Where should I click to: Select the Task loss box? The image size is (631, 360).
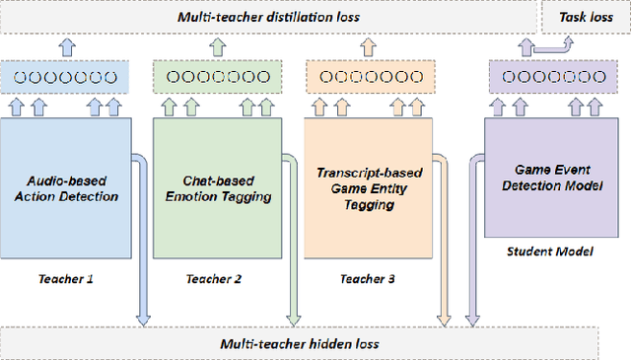point(585,17)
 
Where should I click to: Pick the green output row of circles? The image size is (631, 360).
point(215,76)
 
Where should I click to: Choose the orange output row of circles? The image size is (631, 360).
point(367,76)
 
